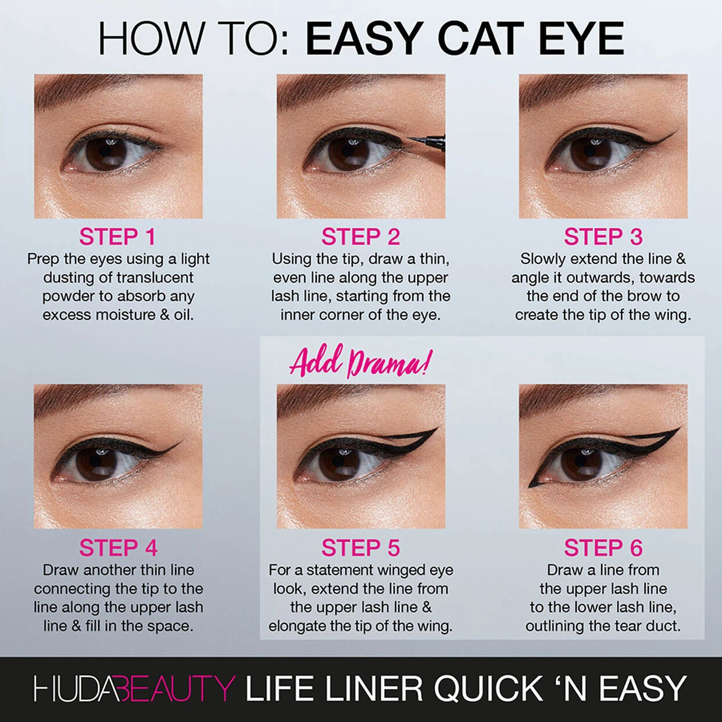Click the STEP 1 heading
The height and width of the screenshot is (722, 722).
pyautogui.click(x=117, y=237)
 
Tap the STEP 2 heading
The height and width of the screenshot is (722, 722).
pyautogui.click(x=360, y=237)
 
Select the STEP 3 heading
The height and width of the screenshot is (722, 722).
pyautogui.click(x=603, y=237)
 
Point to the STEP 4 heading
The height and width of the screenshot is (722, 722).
pyautogui.click(x=118, y=548)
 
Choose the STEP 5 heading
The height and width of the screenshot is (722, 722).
pyautogui.click(x=360, y=548)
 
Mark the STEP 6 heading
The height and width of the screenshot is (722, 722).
pyautogui.click(x=603, y=548)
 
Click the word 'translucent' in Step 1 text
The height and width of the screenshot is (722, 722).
pyautogui.click(x=155, y=278)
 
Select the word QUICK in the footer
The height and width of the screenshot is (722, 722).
pyautogui.click(x=488, y=689)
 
